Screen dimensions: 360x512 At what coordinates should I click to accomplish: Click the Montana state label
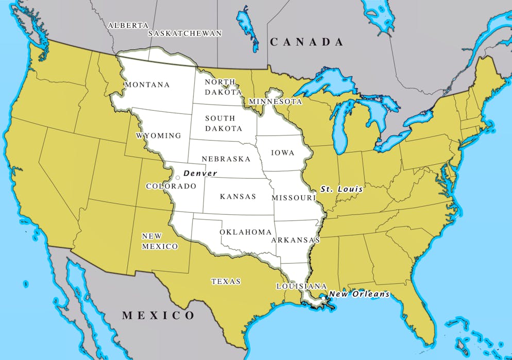pyautogui.click(x=147, y=84)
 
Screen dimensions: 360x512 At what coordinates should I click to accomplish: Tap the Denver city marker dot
pyautogui.click(x=178, y=178)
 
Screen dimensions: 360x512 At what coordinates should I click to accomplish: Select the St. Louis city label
pyautogui.click(x=342, y=190)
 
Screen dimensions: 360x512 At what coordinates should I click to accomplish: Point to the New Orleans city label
pyautogui.click(x=359, y=294)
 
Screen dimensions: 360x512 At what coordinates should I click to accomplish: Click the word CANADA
pyautogui.click(x=307, y=42)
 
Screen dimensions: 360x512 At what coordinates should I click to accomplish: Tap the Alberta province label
pyautogui.click(x=128, y=25)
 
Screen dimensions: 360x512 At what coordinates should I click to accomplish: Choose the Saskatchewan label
pyautogui.click(x=185, y=33)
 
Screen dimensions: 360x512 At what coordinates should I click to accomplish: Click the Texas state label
pyautogui.click(x=226, y=281)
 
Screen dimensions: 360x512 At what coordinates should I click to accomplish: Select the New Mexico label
pyautogui.click(x=160, y=241)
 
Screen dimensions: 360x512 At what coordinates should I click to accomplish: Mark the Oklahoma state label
pyautogui.click(x=246, y=232)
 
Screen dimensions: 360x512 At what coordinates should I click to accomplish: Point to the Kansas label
pyautogui.click(x=238, y=196)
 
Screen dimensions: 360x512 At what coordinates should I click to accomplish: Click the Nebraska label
pyautogui.click(x=226, y=159)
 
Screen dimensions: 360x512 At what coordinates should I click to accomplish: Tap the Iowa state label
pyautogui.click(x=283, y=152)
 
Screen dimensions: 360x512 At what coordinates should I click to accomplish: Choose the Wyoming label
pyautogui.click(x=159, y=135)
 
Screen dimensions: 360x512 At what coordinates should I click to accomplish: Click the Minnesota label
pyautogui.click(x=275, y=101)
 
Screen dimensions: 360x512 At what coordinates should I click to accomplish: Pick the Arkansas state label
pyautogui.click(x=295, y=240)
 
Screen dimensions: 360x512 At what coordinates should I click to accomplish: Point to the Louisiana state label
pyautogui.click(x=301, y=286)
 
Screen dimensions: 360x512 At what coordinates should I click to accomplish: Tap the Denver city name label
pyautogui.click(x=200, y=173)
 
